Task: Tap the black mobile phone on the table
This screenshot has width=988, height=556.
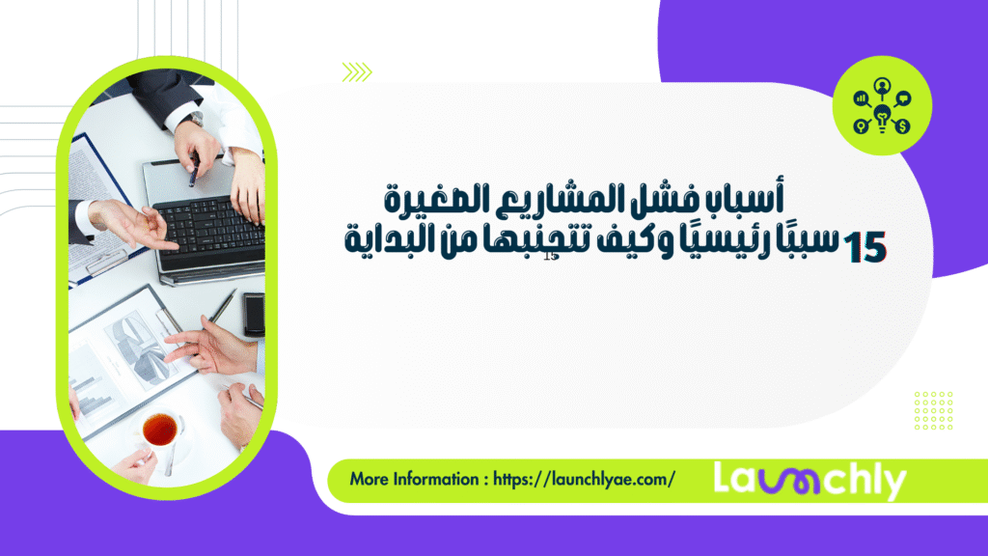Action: pos(254,314)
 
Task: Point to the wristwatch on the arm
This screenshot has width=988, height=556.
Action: pos(197,119)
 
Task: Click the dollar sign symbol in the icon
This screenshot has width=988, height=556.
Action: pos(902,126)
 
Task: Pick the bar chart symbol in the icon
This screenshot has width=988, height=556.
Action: pos(861,97)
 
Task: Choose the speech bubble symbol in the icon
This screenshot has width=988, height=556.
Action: pos(903,97)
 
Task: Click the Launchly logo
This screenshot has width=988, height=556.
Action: pos(810,480)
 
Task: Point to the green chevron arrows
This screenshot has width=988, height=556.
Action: pos(356,70)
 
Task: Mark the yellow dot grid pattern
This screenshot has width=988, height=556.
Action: pos(932,409)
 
